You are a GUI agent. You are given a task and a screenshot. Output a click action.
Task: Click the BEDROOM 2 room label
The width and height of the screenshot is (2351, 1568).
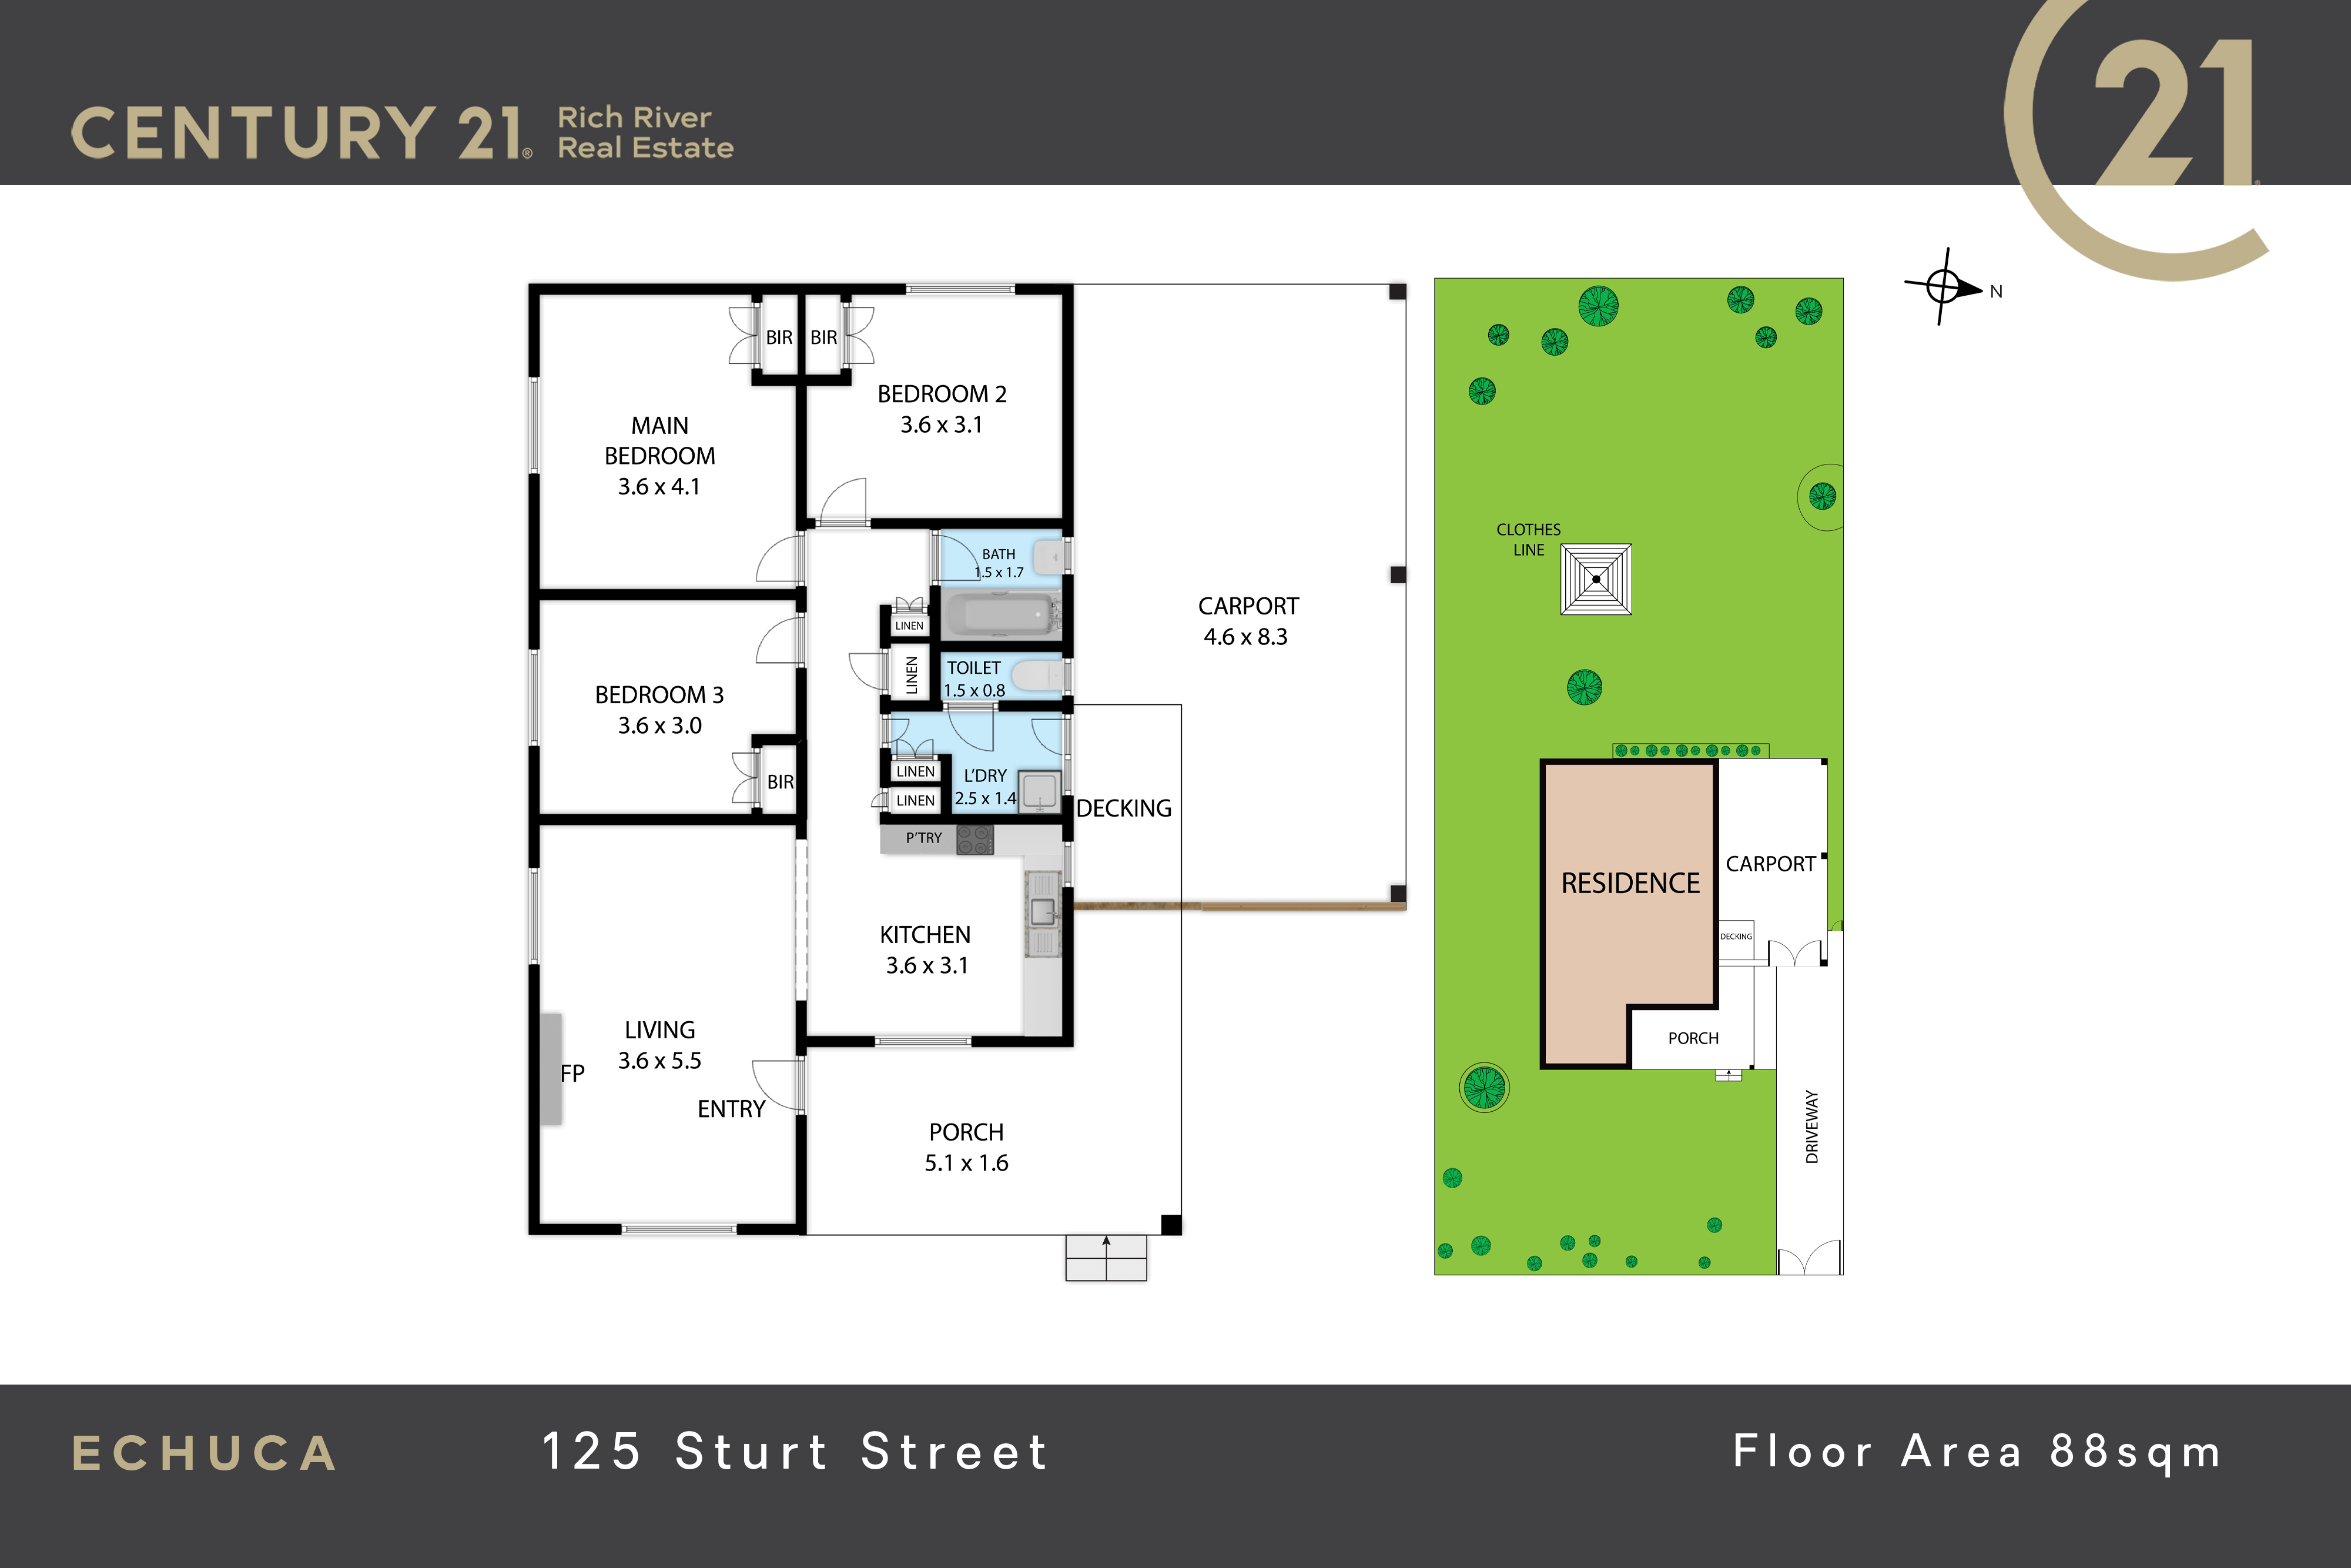[x=942, y=394]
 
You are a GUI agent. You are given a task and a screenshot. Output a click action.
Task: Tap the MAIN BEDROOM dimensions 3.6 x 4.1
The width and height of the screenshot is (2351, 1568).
[x=659, y=487]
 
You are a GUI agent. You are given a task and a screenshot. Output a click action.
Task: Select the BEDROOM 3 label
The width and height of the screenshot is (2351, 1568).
[x=659, y=695]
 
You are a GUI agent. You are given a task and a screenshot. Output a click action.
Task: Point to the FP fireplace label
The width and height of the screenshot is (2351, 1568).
[x=572, y=1073]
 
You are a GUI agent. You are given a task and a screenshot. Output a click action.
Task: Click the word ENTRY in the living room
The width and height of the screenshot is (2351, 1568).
[x=731, y=1109]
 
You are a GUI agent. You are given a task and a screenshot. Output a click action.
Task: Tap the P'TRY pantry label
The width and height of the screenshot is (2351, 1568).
[x=923, y=838]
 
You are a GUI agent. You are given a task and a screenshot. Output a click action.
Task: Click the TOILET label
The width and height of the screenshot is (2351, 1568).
[x=973, y=668]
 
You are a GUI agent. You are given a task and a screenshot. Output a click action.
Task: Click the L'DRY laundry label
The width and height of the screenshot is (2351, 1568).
[x=984, y=776]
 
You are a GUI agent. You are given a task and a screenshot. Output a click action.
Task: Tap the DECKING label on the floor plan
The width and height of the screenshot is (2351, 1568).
[x=1124, y=808]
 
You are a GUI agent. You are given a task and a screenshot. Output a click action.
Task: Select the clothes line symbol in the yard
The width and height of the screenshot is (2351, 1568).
[x=1596, y=579]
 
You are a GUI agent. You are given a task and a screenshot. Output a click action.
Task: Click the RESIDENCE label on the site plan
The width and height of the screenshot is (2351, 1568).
[x=1630, y=883]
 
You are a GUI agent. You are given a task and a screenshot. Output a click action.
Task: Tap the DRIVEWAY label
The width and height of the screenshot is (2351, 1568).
[x=1812, y=1127]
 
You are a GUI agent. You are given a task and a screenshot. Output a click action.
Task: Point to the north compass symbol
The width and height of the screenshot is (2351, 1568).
[x=1944, y=287]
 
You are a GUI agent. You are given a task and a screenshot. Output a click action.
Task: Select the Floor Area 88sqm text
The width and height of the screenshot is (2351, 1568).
[x=1977, y=1453]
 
